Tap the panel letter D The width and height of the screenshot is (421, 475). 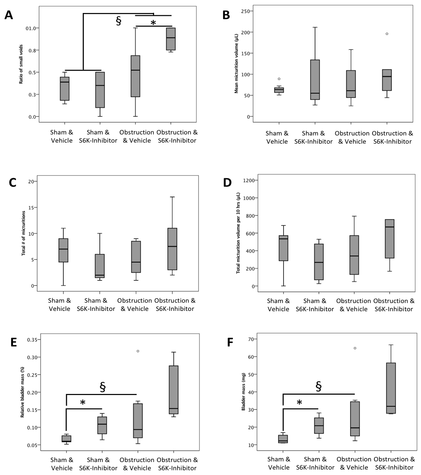pos(227,182)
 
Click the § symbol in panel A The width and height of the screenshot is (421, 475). pos(118,21)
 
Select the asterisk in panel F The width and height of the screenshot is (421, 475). pos(299,403)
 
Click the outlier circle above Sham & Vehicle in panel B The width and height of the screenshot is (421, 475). pos(279,79)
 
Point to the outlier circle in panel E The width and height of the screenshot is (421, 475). pos(138,351)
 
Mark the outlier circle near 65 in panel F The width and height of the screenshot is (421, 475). pos(355,348)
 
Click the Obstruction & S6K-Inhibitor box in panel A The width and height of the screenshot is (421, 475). pos(171,39)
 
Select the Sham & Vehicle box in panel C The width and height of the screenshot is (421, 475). pos(63,250)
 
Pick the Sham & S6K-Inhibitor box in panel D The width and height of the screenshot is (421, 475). pos(319,262)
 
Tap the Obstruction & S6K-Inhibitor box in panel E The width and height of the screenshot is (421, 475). pos(174,390)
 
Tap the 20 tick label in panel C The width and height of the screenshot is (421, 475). pos(34,181)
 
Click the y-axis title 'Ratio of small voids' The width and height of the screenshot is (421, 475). pos(21,64)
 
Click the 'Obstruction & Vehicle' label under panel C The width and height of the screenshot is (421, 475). pos(135,305)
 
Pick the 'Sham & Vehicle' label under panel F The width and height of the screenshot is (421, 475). pos(279,463)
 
